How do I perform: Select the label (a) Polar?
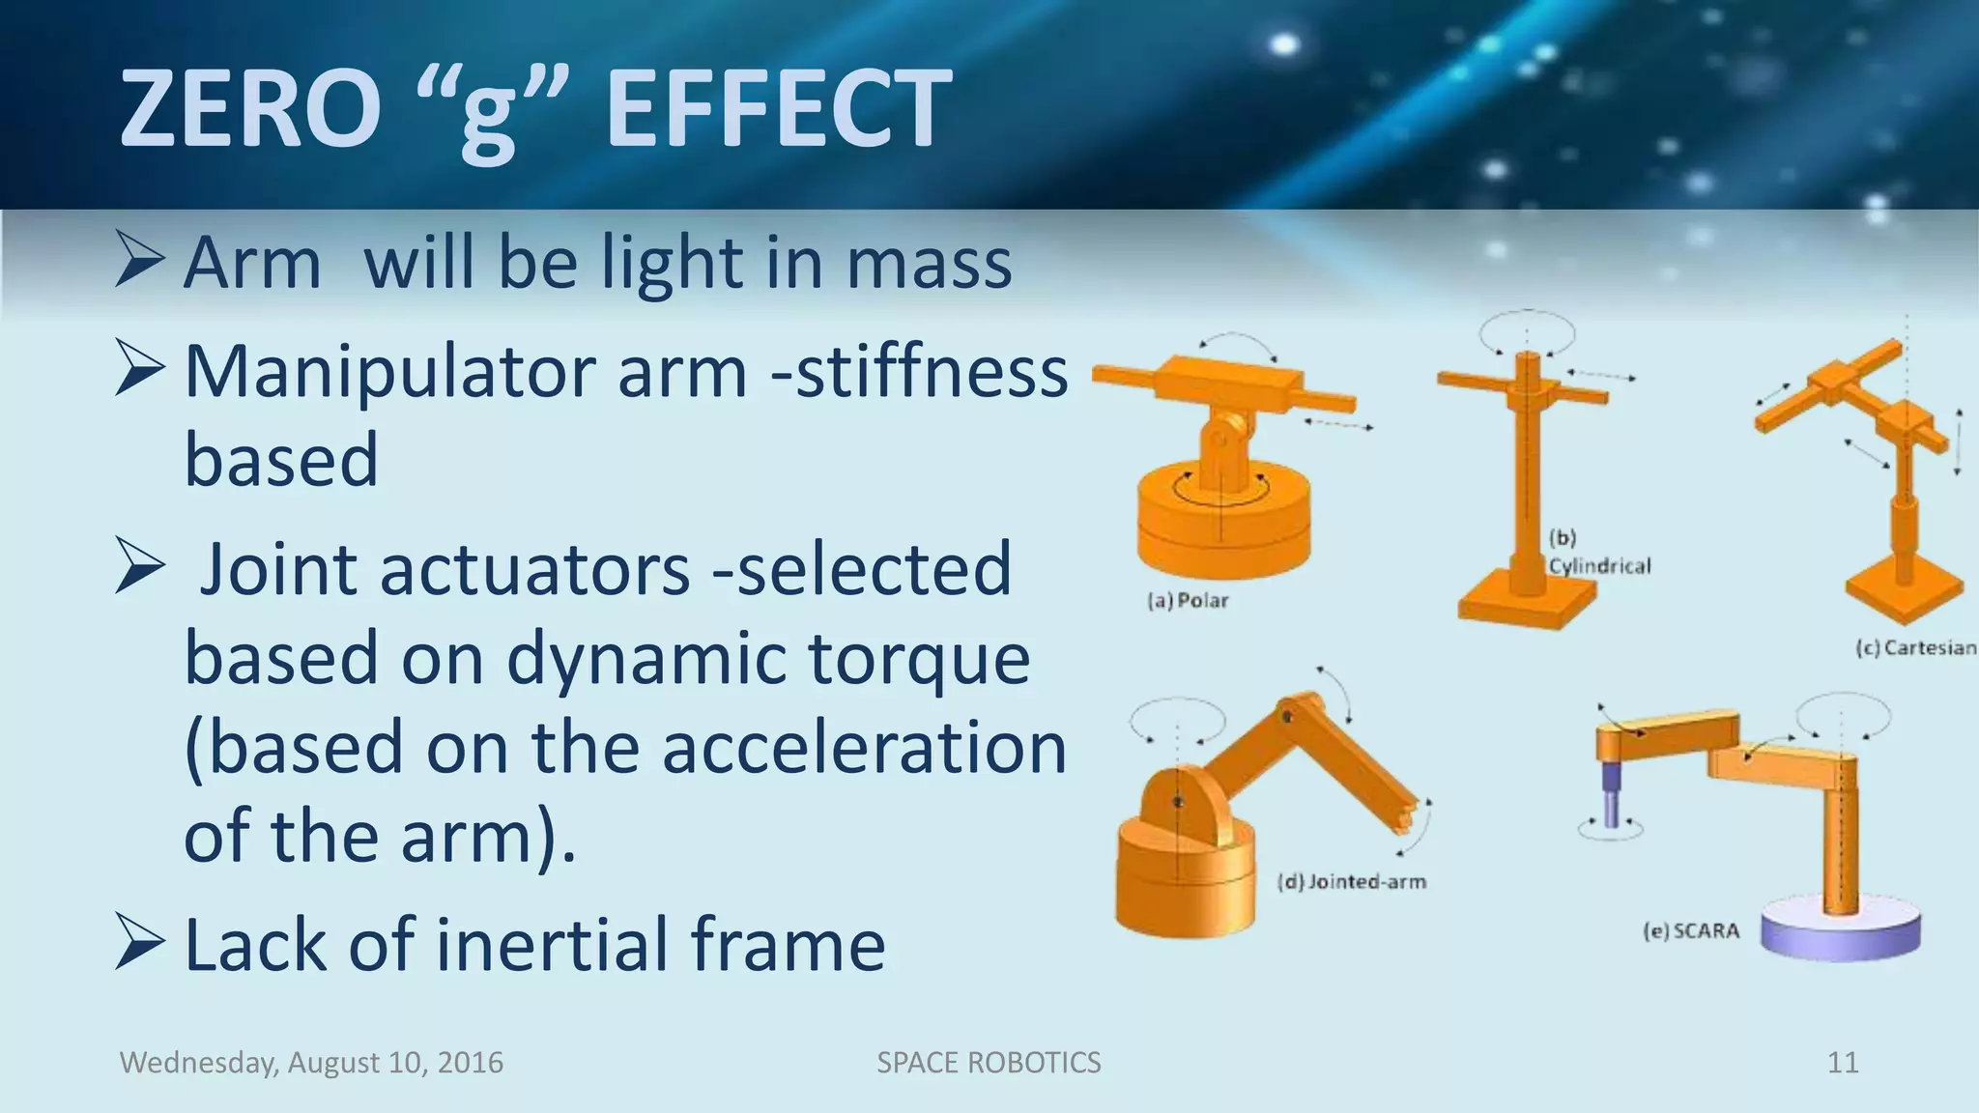point(1188,601)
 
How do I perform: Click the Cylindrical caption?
point(1599,566)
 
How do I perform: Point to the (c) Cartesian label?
point(1915,648)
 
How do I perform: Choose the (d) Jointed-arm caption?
point(1351,882)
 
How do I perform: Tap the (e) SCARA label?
point(1691,931)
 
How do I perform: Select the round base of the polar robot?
point(1223,527)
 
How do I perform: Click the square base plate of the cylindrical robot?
point(1527,607)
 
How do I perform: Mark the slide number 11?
point(1843,1063)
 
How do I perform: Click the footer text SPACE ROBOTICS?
point(988,1063)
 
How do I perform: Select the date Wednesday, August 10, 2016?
point(311,1063)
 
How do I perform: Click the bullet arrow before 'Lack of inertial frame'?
point(139,941)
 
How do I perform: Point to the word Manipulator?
point(392,372)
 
